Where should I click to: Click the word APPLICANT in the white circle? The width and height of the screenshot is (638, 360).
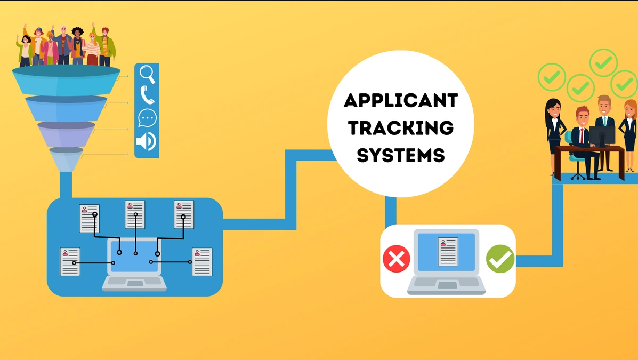(400, 100)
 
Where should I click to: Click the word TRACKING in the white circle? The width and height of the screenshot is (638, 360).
(400, 127)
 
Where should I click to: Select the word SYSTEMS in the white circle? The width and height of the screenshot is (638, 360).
(400, 155)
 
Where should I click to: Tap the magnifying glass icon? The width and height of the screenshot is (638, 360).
(147, 74)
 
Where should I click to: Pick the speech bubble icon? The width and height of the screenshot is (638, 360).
(147, 118)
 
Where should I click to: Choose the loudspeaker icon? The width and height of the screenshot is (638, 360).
(146, 141)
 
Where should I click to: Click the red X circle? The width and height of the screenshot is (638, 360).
(397, 259)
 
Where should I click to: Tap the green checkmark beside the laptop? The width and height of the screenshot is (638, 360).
(500, 259)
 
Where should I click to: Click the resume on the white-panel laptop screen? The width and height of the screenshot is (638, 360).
(448, 252)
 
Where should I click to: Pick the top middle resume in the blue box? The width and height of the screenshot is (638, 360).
(135, 214)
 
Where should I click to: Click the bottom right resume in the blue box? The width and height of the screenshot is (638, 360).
(202, 261)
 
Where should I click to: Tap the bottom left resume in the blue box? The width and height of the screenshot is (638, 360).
(70, 261)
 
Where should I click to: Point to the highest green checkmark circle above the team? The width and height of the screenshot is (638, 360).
(603, 62)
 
